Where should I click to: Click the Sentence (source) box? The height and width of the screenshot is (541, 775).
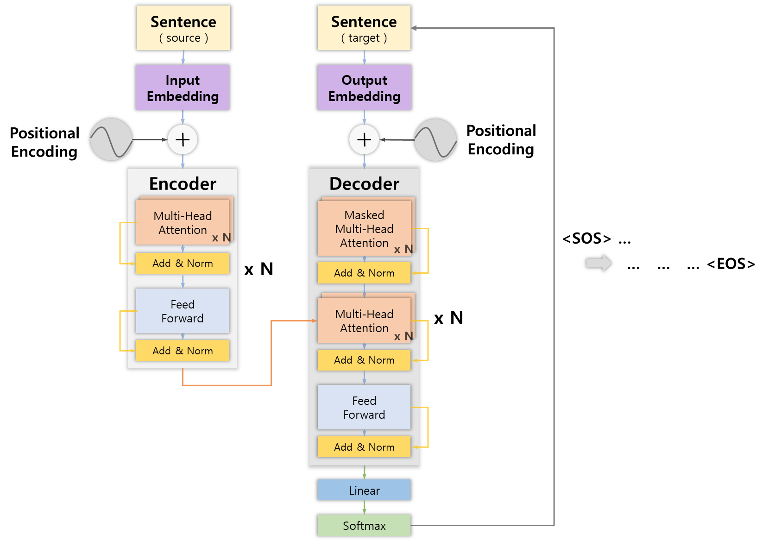[x=183, y=28]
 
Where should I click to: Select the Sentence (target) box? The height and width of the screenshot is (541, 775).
[x=364, y=28]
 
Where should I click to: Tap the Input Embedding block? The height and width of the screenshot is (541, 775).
[x=183, y=88]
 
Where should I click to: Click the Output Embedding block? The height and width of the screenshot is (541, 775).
[x=364, y=88]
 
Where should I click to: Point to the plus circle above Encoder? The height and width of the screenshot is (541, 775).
[x=183, y=139]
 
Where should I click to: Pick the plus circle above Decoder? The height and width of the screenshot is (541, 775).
[x=364, y=139]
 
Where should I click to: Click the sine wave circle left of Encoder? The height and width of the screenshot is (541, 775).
[x=111, y=139]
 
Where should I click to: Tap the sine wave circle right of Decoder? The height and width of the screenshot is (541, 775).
[x=435, y=140]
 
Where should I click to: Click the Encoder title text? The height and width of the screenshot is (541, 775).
[x=183, y=184]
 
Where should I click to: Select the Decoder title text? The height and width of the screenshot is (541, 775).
[x=364, y=184]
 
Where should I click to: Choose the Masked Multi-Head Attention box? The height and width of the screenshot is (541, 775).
[x=364, y=228]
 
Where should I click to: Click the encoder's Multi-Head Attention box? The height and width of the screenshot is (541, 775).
[x=183, y=222]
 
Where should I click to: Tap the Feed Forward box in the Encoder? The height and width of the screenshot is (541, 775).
[x=183, y=311]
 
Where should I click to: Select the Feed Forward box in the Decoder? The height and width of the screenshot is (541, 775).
[x=364, y=407]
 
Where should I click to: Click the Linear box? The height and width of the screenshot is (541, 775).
[x=364, y=490]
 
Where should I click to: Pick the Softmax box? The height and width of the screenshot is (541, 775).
[x=364, y=525]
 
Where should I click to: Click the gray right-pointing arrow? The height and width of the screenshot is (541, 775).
[x=599, y=263]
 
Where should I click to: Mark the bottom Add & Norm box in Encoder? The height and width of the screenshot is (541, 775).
[x=183, y=351]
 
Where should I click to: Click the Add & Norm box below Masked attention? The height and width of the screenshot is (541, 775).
[x=364, y=273]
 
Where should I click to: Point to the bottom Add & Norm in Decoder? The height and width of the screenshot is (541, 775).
[x=364, y=447]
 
